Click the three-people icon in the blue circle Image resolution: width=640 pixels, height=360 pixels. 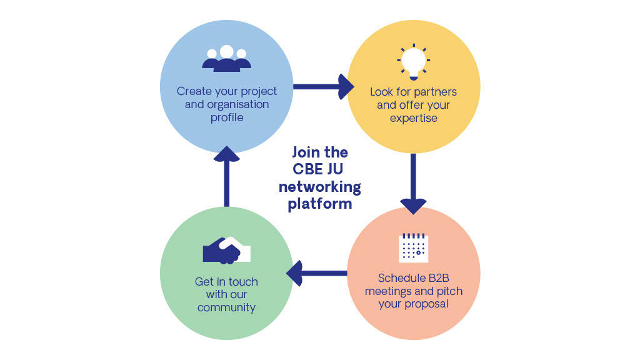click(226, 58)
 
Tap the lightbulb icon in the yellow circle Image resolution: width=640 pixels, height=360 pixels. click(413, 62)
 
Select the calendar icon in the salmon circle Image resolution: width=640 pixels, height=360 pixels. click(413, 247)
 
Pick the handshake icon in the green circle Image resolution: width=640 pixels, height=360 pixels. click(226, 250)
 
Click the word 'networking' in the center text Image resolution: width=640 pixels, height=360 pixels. click(320, 186)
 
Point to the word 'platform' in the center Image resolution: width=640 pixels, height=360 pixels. click(320, 204)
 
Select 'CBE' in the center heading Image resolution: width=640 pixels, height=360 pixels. click(309, 169)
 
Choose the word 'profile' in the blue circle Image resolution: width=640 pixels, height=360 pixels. click(226, 117)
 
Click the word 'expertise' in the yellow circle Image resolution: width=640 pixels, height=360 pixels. click(413, 118)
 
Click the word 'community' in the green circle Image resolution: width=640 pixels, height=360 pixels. click(226, 307)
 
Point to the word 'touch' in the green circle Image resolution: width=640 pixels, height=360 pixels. click(243, 281)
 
